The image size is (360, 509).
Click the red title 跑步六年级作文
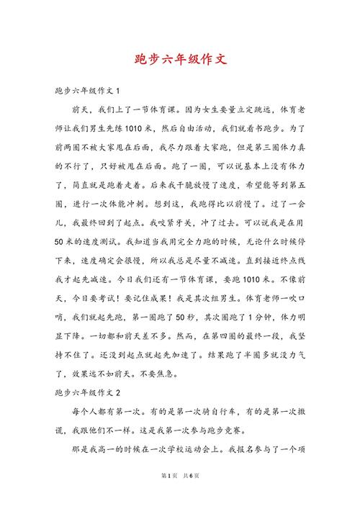click(180, 59)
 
